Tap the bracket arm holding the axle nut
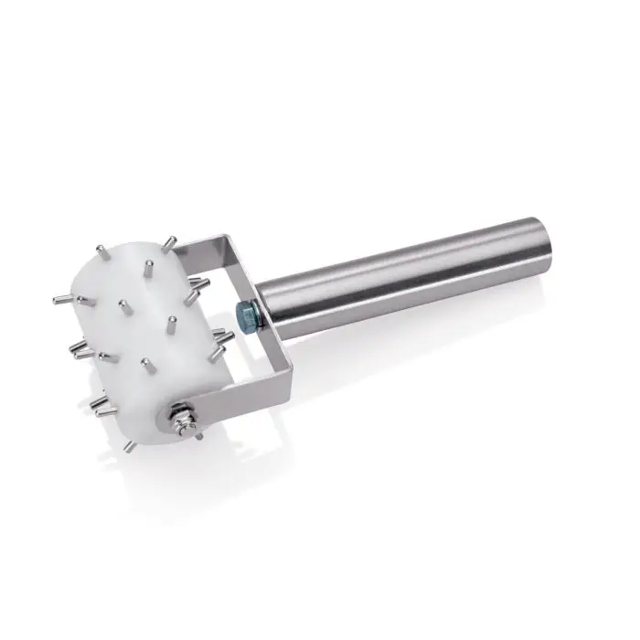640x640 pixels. point(219,389)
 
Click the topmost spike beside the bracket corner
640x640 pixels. point(169,243)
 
